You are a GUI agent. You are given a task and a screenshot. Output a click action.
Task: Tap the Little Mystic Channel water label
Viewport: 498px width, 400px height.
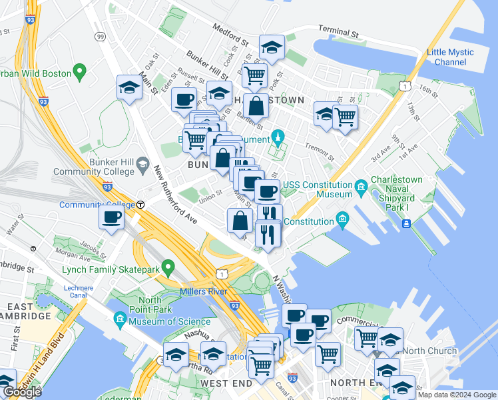point(450,57)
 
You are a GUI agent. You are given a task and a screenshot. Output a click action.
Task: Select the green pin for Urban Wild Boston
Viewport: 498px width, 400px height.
point(81,69)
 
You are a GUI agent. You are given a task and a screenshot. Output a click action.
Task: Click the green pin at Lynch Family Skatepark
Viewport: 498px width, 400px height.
point(168,268)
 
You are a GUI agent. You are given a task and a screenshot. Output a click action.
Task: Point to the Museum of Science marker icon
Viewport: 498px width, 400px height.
point(120,321)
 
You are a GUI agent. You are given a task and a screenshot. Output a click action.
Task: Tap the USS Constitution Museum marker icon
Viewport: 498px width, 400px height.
point(361,185)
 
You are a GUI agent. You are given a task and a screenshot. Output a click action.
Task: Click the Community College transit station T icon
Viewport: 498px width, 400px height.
point(141,205)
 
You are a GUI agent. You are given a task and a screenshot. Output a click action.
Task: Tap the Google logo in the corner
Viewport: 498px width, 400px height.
point(22,392)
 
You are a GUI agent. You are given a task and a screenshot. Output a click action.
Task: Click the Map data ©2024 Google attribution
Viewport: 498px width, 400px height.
point(457,395)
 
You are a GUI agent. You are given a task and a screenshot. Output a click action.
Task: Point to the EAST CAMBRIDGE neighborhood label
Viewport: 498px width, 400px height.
point(26,310)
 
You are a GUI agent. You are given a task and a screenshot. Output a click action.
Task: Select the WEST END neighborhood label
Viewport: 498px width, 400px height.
point(226,383)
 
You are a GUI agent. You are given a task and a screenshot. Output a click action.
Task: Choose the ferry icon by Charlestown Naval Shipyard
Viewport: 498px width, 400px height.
point(405,222)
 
